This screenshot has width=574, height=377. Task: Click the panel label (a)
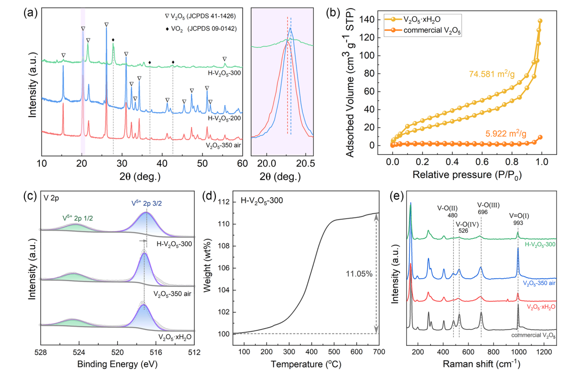tap(30, 13)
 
